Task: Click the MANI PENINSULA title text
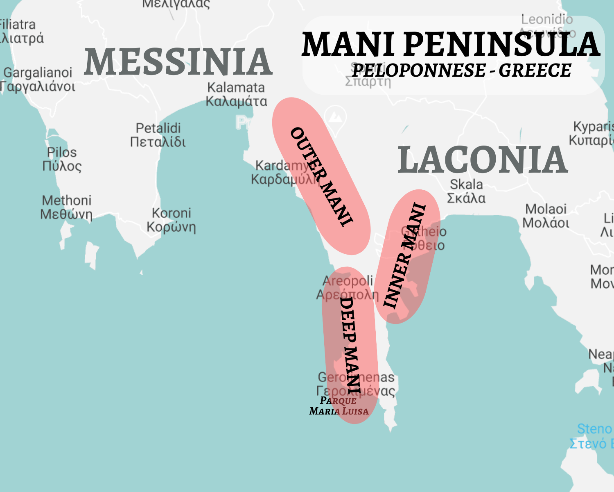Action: [x=450, y=44]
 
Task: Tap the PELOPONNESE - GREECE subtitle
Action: [x=461, y=71]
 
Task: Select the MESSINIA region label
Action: [x=178, y=61]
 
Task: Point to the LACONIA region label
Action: [x=483, y=160]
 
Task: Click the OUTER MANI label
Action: [x=321, y=176]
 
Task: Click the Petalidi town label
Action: [x=158, y=134]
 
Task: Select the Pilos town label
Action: [x=62, y=159]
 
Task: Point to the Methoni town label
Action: [x=66, y=207]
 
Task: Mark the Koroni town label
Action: [x=171, y=220]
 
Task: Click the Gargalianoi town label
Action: [x=38, y=80]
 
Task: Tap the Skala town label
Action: [x=466, y=191]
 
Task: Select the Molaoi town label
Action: [x=546, y=216]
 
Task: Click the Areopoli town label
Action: [x=348, y=287]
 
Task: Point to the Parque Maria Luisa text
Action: [x=339, y=406]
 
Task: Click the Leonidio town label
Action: [x=547, y=19]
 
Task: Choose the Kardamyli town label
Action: [x=282, y=172]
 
